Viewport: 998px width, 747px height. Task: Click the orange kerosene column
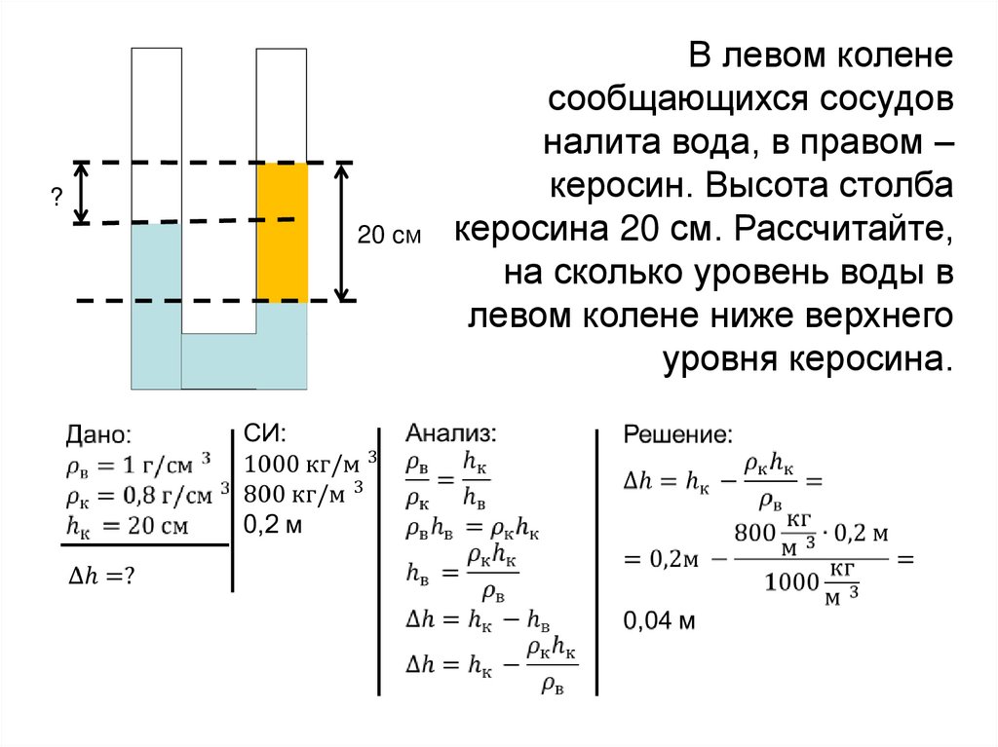click(x=282, y=233)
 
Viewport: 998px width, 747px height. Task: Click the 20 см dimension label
click(x=389, y=235)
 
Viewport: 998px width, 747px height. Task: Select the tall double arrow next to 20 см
click(x=341, y=232)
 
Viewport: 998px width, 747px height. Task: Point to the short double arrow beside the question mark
click(x=83, y=193)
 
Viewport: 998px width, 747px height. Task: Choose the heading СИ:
click(x=264, y=433)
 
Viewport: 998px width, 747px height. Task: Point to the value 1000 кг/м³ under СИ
click(x=310, y=463)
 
